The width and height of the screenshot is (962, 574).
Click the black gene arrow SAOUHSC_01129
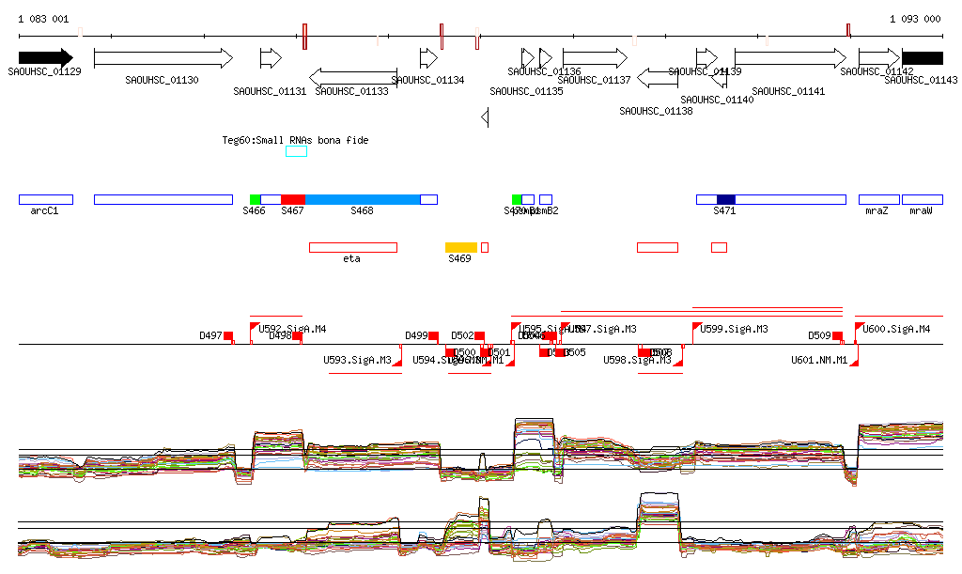(x=45, y=57)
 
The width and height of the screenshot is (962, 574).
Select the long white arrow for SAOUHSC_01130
(x=163, y=57)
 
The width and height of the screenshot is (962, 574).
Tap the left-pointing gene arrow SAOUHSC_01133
(x=352, y=76)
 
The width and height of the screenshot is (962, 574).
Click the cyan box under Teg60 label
(x=296, y=151)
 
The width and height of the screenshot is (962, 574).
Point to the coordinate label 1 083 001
(x=43, y=19)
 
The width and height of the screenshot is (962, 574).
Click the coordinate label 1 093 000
(x=915, y=19)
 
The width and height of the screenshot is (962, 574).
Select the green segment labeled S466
(x=255, y=199)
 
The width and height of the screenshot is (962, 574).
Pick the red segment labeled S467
(x=293, y=199)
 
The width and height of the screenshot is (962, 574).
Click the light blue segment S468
(x=363, y=199)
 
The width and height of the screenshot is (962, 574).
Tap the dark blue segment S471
(x=725, y=199)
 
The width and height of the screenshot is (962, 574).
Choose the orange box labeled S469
(x=460, y=247)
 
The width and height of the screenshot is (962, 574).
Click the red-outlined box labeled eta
(x=352, y=247)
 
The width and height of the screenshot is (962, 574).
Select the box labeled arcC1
(x=45, y=199)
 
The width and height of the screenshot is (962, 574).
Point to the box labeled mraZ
(x=878, y=199)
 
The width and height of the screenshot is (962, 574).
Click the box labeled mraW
(x=922, y=199)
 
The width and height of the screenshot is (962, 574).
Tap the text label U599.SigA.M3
(x=734, y=330)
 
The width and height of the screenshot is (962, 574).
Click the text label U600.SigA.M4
(x=896, y=330)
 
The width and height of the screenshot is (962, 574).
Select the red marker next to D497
(x=228, y=335)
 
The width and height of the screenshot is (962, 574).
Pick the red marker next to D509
(x=837, y=335)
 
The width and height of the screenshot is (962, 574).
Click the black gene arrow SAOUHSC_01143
(x=922, y=57)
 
